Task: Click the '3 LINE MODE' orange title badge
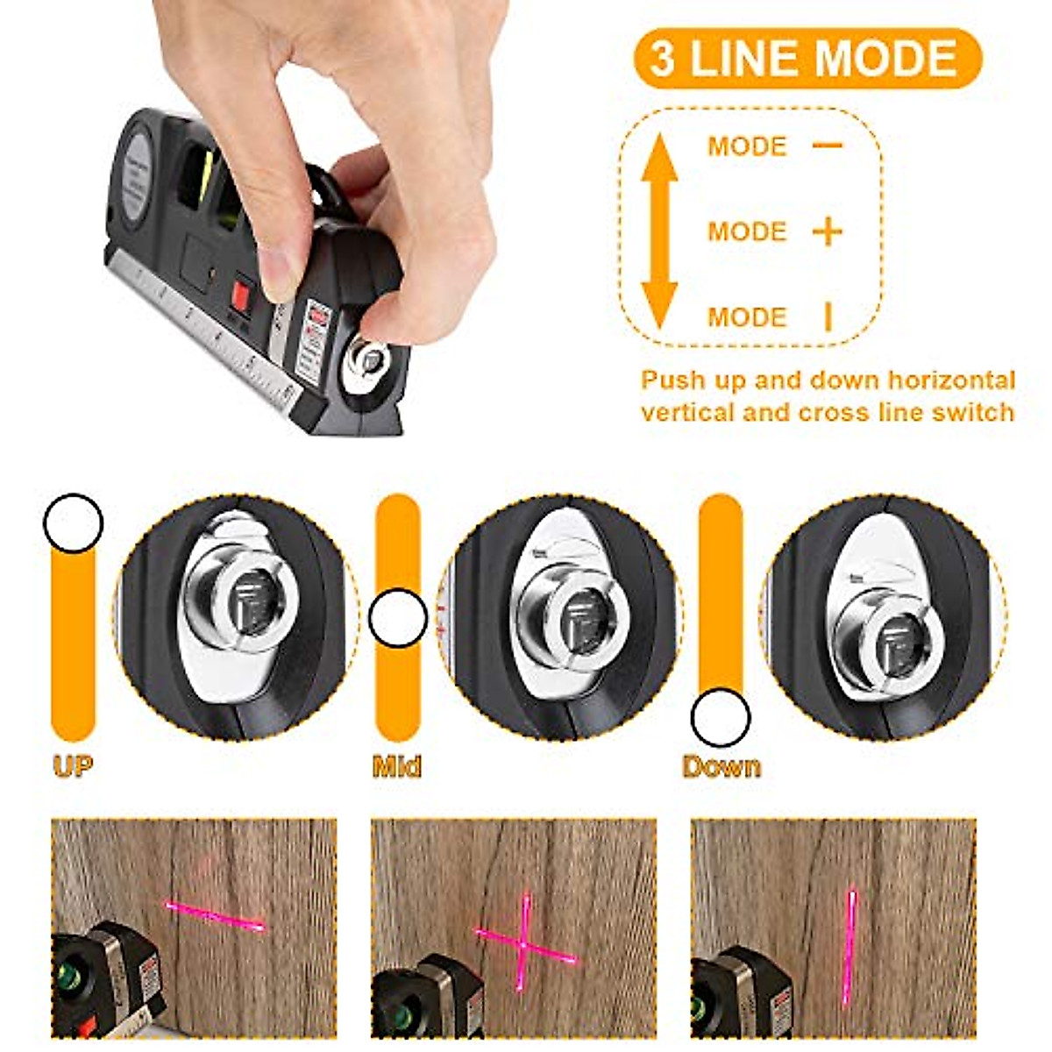(x=807, y=58)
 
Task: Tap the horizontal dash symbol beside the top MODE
(x=827, y=146)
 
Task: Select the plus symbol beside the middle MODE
(x=827, y=231)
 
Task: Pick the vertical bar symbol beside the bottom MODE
(x=828, y=316)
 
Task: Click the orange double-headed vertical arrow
(x=659, y=231)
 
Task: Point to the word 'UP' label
(x=73, y=766)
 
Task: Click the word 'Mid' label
(x=397, y=766)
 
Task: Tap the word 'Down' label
(x=721, y=766)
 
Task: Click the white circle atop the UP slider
(x=74, y=523)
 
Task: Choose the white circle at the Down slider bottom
(x=721, y=718)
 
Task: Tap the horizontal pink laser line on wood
(x=215, y=915)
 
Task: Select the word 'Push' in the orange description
(x=672, y=380)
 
